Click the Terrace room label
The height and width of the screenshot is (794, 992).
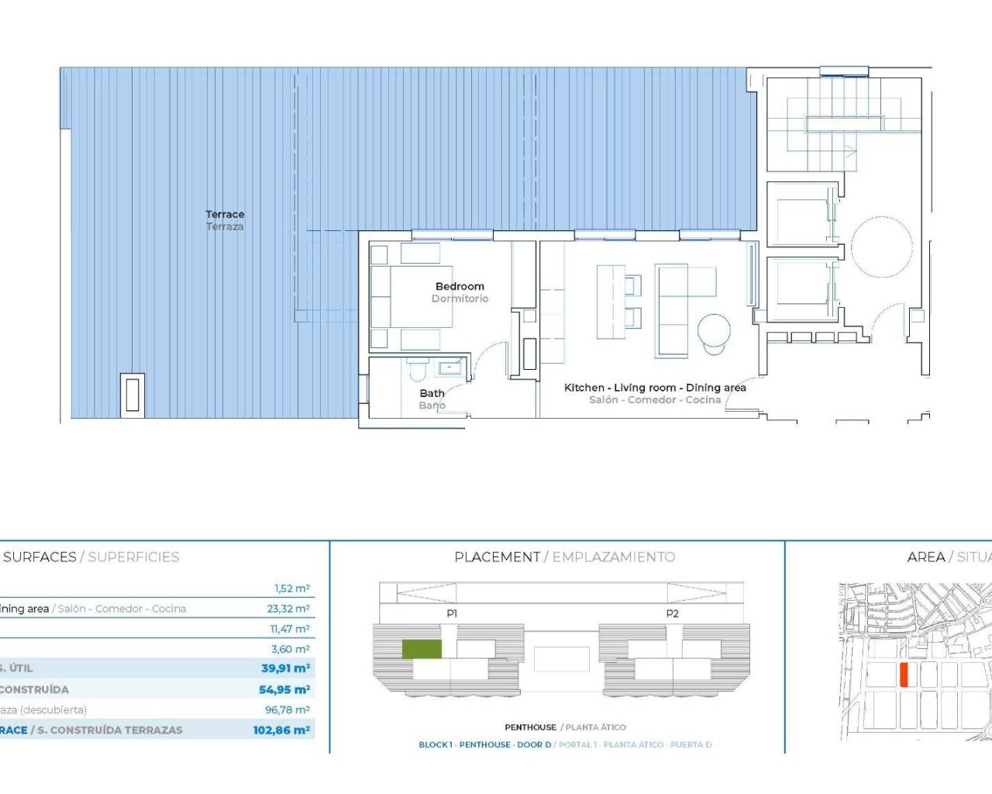[225, 215]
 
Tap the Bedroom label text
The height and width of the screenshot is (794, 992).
[460, 287]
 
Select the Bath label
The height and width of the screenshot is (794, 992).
[432, 394]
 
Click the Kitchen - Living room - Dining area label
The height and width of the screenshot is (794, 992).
[655, 388]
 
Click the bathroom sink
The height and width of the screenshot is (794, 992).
[449, 368]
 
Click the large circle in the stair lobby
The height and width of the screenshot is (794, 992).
[882, 247]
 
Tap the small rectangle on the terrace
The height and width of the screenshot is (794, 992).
[133, 394]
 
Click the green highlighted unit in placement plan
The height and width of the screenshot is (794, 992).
[422, 650]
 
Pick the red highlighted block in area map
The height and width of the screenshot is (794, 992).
[904, 675]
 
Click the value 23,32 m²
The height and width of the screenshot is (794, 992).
[288, 609]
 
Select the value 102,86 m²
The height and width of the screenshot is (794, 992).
[281, 730]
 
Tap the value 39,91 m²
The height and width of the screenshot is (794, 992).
[285, 668]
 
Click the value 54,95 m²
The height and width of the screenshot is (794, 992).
[284, 689]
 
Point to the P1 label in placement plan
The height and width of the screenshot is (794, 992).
[452, 613]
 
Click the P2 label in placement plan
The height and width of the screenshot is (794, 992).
[672, 613]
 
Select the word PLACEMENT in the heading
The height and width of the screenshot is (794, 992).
[497, 557]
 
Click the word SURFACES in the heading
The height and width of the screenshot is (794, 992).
[40, 557]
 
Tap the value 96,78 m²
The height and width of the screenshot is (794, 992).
[288, 709]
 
